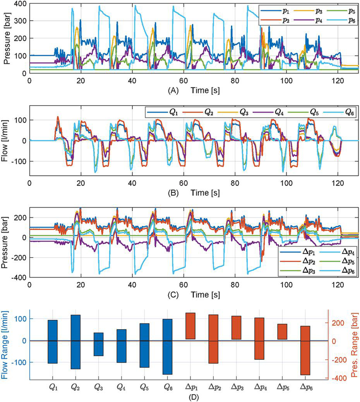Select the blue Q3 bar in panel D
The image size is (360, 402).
99,344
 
